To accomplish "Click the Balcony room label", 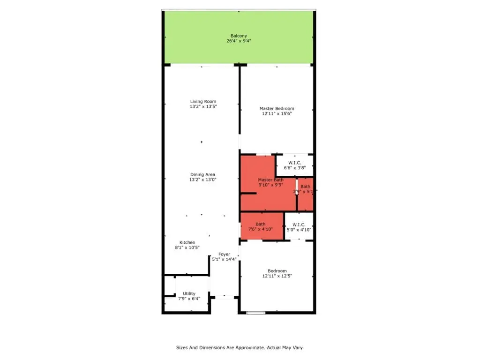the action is pyautogui.click(x=239, y=36).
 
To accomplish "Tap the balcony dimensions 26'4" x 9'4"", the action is pyautogui.click(x=239, y=41).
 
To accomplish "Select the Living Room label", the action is pyautogui.click(x=203, y=101).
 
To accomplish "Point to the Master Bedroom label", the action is pyautogui.click(x=277, y=108).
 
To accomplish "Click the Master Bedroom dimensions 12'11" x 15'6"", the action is pyautogui.click(x=277, y=113).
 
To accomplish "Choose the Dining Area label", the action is pyautogui.click(x=202, y=174).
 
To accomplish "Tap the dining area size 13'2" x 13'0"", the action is pyautogui.click(x=202, y=180).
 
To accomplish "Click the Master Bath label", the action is pyautogui.click(x=270, y=180).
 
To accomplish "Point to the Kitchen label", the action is pyautogui.click(x=187, y=242).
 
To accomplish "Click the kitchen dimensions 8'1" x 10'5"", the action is pyautogui.click(x=187, y=247).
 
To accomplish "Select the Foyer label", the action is pyautogui.click(x=224, y=254).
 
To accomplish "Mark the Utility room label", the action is pyautogui.click(x=189, y=293).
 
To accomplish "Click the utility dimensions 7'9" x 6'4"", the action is pyautogui.click(x=189, y=299).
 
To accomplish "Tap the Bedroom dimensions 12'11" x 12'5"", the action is pyautogui.click(x=277, y=276).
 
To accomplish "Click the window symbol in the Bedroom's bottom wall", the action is pyautogui.click(x=256, y=313).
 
